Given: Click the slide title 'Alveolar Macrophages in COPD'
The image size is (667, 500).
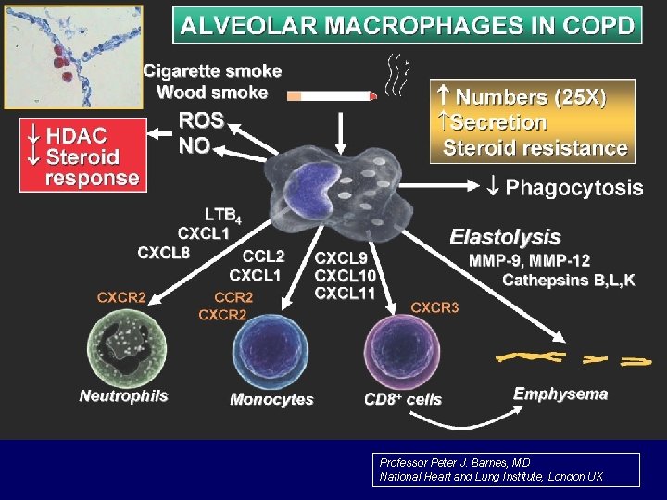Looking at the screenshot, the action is point(409,24).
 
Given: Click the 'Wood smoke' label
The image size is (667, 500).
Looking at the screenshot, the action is point(212,92).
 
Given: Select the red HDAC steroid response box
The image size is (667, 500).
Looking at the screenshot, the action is point(83,155).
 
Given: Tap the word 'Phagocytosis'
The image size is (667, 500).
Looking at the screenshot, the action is point(573,188).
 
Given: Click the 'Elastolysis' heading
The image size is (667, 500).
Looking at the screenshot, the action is point(505,237).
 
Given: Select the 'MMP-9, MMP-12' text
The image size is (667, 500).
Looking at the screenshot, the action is point(529,260).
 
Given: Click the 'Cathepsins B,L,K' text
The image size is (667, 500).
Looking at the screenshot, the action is point(568,280).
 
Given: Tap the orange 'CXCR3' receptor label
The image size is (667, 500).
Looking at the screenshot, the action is point(434,306).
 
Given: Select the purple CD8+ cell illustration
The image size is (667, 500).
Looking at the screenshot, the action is point(404,352).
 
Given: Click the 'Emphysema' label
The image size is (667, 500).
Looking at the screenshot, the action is point(560,394).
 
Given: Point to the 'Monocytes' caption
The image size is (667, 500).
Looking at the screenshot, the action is point(271,400).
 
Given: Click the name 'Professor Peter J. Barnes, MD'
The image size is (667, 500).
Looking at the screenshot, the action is point(455,462).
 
